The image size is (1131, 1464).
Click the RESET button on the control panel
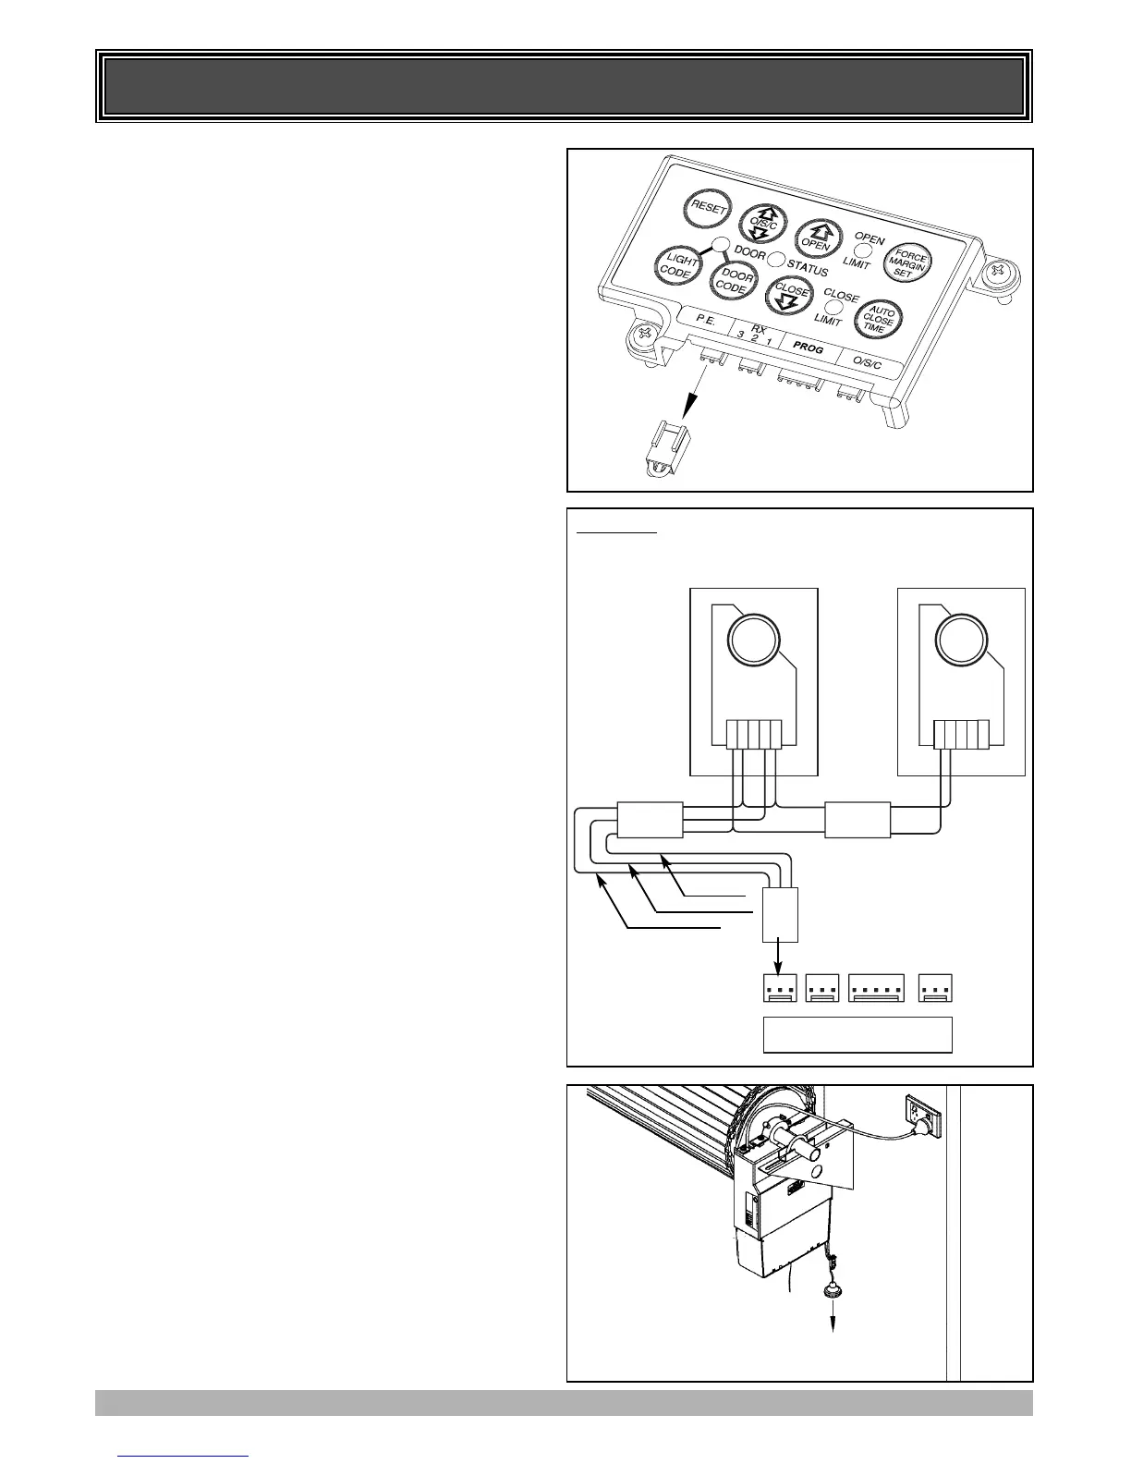pos(705,209)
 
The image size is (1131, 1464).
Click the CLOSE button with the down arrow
pos(791,297)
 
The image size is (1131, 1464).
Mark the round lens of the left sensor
pos(754,640)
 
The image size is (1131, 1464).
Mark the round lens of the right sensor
pos(961,640)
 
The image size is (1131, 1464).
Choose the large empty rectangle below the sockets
pos(857,1034)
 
